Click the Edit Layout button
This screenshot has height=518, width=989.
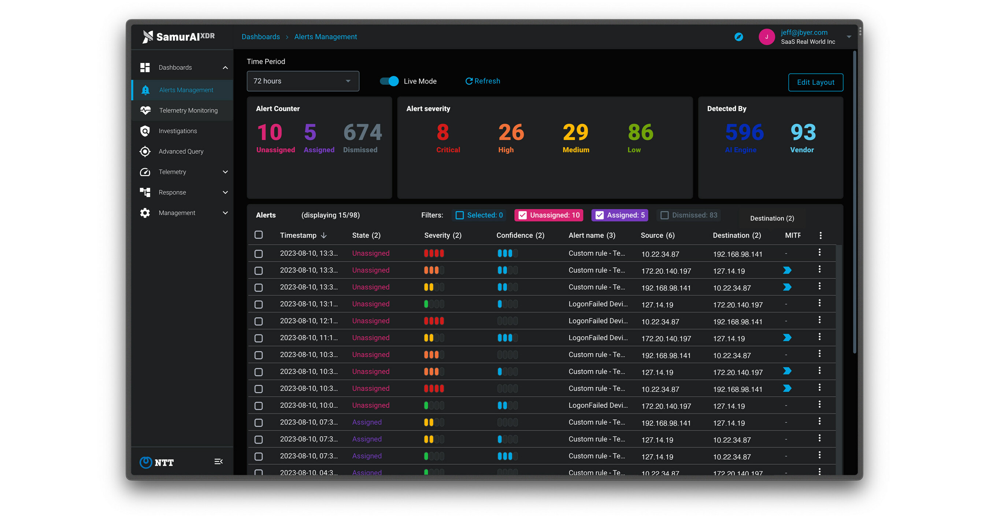(815, 82)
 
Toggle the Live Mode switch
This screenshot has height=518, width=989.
(389, 81)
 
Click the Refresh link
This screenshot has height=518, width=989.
(483, 81)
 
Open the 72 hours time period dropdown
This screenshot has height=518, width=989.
(303, 81)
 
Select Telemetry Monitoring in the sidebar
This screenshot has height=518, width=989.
(188, 110)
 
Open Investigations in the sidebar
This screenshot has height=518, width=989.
(177, 131)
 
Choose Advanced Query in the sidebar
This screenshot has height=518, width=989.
(181, 151)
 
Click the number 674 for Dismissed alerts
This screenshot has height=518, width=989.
(362, 132)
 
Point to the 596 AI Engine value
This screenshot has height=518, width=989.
(744, 132)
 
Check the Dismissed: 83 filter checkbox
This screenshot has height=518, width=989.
(664, 215)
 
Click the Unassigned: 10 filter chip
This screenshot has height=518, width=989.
(549, 215)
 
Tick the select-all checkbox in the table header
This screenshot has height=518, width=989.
(259, 234)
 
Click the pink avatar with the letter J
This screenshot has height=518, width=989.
(766, 37)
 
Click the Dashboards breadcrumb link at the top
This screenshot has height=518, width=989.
(260, 37)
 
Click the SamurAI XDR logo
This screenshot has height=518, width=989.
(178, 37)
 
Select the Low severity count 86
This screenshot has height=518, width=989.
(640, 132)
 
